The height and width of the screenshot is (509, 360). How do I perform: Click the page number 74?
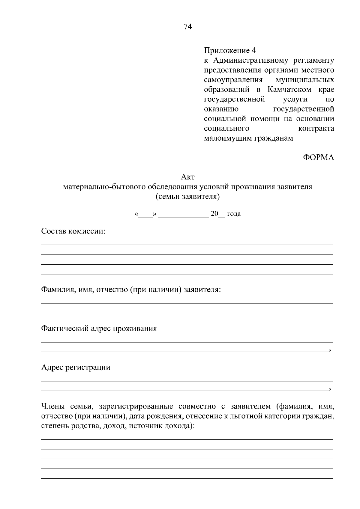187,27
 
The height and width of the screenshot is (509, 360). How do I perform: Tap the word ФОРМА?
318,157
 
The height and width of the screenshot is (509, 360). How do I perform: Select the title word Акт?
188,177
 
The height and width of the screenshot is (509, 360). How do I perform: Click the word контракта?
316,128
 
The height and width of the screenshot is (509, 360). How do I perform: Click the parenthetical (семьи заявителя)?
188,197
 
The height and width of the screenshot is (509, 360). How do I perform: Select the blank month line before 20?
183,214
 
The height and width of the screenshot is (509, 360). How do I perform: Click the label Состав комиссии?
73,231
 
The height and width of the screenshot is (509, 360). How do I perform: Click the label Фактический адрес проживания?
99,329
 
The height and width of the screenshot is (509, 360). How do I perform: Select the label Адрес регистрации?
76,367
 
